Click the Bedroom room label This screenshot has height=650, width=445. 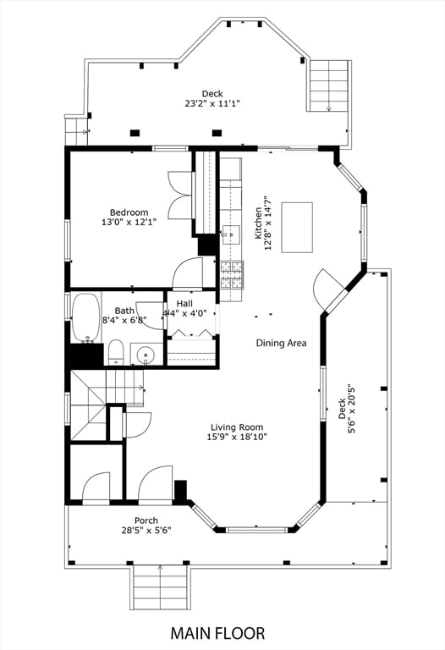click(x=129, y=212)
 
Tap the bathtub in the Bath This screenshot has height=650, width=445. click(x=86, y=317)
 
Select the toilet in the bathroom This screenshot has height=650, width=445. click(x=116, y=352)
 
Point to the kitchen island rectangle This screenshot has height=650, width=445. click(x=297, y=227)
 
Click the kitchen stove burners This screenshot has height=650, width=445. click(x=232, y=274)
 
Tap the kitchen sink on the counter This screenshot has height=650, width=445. click(x=230, y=235)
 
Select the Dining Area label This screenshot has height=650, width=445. click(x=282, y=343)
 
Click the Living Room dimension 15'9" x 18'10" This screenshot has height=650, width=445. click(x=237, y=437)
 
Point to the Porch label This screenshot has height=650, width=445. click(x=146, y=521)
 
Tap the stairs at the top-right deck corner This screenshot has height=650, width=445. click(x=328, y=85)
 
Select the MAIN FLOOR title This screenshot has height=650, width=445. click(x=217, y=633)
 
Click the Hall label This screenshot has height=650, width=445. click(x=184, y=304)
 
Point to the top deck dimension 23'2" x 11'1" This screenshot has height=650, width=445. click(x=212, y=103)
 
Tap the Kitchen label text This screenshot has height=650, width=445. click(x=259, y=223)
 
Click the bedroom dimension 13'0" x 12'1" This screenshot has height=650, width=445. click(x=129, y=223)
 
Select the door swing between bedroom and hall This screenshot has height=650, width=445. click(x=187, y=273)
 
